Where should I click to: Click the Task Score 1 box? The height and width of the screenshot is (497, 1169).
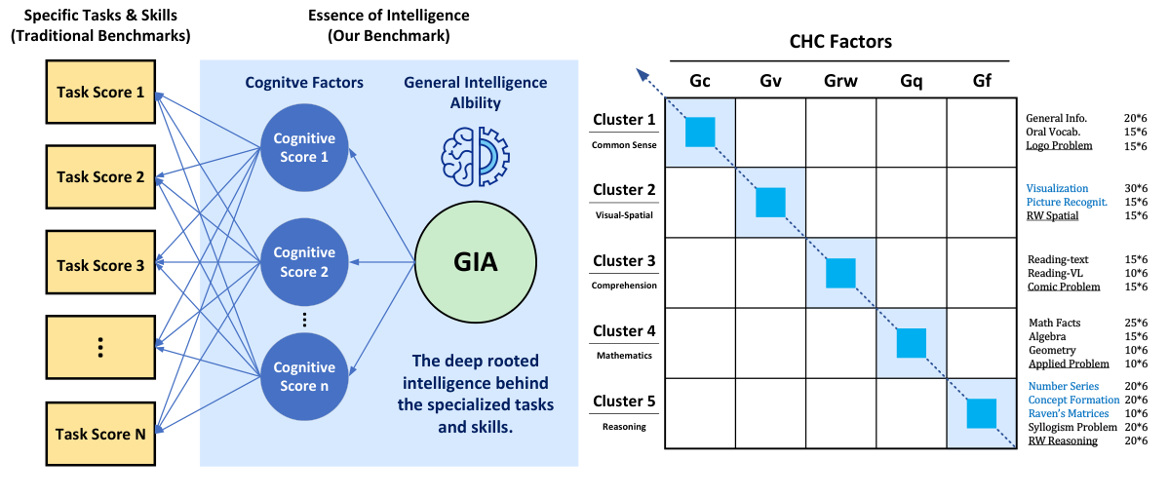click(100, 94)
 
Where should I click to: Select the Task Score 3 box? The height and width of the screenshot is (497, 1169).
click(100, 265)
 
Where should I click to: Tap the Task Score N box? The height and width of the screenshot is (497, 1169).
click(100, 434)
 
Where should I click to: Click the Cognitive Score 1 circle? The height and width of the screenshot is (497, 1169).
click(304, 148)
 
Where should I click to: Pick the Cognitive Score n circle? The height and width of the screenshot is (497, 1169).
click(304, 377)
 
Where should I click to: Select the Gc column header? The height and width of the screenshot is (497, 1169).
click(699, 80)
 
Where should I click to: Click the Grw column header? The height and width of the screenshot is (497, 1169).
click(840, 80)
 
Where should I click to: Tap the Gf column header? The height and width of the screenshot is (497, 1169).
click(981, 80)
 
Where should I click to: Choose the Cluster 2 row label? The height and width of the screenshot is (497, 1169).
click(623, 190)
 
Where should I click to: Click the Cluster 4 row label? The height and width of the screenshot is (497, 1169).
click(623, 331)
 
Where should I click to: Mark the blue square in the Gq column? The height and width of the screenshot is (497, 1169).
click(911, 343)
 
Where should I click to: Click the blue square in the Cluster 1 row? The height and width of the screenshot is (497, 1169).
click(700, 132)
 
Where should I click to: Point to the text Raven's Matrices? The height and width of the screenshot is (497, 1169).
click(1073, 413)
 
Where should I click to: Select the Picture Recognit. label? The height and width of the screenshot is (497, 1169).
click(1066, 202)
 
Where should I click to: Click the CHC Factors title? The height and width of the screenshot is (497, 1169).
click(840, 42)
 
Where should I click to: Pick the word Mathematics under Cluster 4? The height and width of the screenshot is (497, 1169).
click(623, 356)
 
